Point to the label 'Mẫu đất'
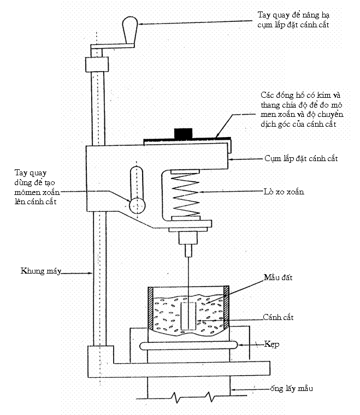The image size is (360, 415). point(279,278)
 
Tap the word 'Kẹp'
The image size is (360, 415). point(272,345)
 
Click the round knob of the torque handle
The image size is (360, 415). point(137,204)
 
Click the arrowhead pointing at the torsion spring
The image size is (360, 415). point(202,192)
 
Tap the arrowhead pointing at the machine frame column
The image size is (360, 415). point(93,271)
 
